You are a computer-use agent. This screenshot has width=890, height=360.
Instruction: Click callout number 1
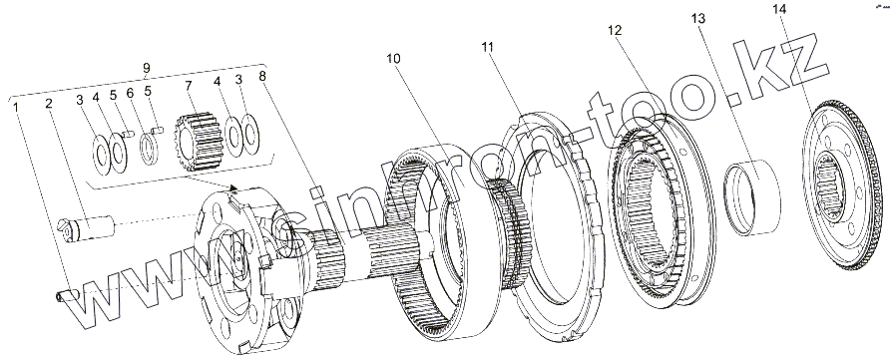point(18,106)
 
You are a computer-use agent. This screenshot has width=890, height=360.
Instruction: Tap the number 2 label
point(49,104)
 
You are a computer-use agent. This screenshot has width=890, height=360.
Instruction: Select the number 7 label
point(189,87)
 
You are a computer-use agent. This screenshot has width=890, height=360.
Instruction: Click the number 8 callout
point(262,77)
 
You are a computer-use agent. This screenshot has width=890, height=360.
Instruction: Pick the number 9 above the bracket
point(147,68)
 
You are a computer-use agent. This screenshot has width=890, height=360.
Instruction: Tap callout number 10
point(394,59)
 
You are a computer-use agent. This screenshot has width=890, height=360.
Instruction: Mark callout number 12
point(615,31)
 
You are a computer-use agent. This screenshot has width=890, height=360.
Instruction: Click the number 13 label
point(698,19)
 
